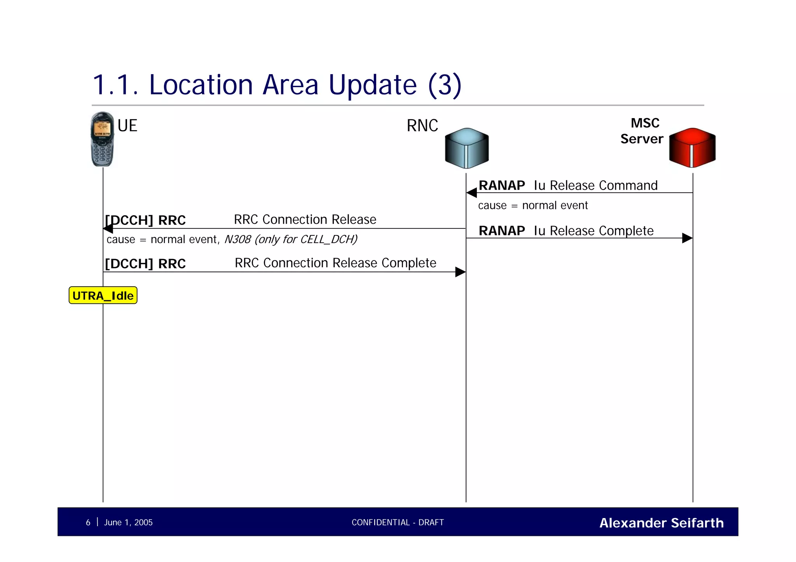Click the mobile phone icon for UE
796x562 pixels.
(x=102, y=139)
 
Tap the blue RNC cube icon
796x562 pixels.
(x=466, y=148)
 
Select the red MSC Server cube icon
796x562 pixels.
(x=692, y=148)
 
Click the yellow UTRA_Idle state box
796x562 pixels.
(x=103, y=296)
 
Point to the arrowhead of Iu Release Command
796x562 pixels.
(x=471, y=193)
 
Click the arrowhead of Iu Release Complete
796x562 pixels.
(x=687, y=238)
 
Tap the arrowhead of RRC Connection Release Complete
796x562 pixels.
(x=460, y=272)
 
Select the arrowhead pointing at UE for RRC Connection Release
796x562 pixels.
(x=108, y=229)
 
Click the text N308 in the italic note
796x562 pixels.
(x=237, y=239)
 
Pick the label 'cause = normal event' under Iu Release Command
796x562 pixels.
(x=532, y=205)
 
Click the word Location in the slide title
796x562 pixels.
(x=201, y=85)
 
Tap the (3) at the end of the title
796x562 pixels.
(x=445, y=85)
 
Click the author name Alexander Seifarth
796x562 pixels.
(x=661, y=523)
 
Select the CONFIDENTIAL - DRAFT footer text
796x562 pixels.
(x=398, y=522)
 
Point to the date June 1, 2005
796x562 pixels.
(x=128, y=522)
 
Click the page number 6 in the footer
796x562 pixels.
(x=88, y=522)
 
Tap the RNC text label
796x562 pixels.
(x=422, y=126)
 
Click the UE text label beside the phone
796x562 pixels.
(x=127, y=126)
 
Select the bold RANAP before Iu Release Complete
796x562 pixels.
(x=501, y=231)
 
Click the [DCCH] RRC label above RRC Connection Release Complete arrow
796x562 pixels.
(x=145, y=264)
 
